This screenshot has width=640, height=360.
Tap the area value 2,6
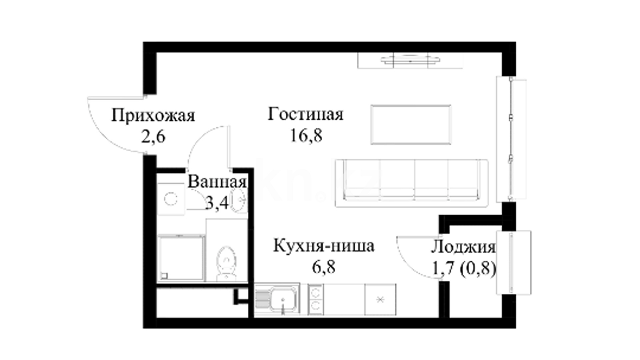coord(153,137)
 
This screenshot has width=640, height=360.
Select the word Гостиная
coord(305,114)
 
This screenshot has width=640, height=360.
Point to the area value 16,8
coord(306,135)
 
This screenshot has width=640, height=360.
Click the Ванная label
coord(217,182)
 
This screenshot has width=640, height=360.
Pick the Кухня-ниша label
coord(324,246)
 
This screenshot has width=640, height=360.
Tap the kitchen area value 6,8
coord(323,267)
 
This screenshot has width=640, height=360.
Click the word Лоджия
coord(463,248)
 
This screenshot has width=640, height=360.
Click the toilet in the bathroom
coord(226,264)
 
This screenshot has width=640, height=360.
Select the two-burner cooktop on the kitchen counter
coord(315,299)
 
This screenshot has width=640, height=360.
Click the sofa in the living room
coord(412,183)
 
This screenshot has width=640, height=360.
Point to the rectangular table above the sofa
coord(411,125)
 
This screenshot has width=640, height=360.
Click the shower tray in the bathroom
coord(181,257)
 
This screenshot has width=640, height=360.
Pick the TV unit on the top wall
coord(410,60)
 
